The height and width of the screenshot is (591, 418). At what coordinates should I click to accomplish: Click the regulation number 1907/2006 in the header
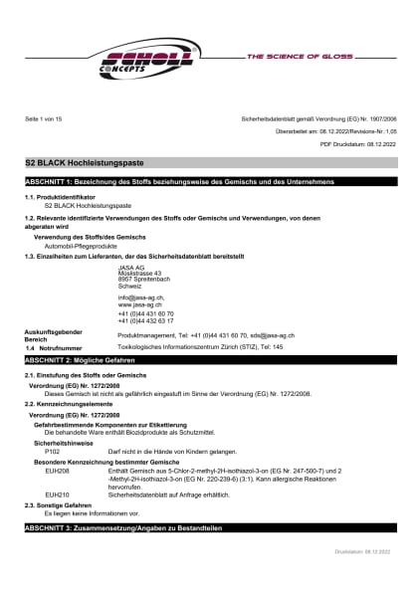[x=377, y=118]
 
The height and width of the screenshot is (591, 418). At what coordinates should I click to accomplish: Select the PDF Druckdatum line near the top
[x=357, y=145]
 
